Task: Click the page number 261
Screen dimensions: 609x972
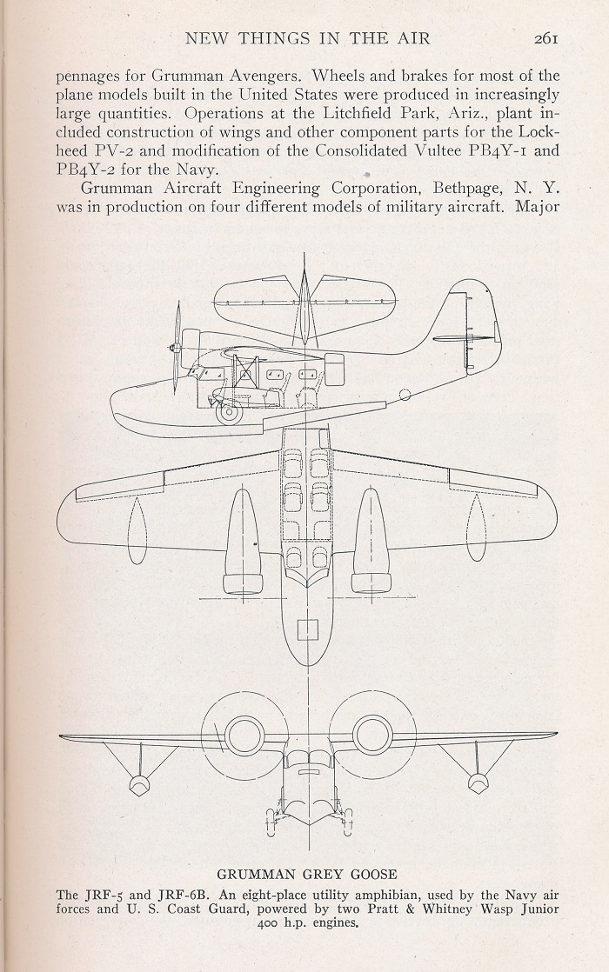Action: point(545,38)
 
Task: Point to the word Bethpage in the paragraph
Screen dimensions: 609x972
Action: point(467,189)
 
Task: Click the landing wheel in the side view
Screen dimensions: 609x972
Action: point(228,409)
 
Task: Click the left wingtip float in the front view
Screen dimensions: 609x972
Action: point(138,783)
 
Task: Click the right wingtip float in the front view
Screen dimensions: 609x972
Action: point(476,783)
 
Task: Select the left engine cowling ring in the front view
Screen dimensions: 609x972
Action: point(246,736)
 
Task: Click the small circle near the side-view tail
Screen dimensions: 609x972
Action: point(405,393)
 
